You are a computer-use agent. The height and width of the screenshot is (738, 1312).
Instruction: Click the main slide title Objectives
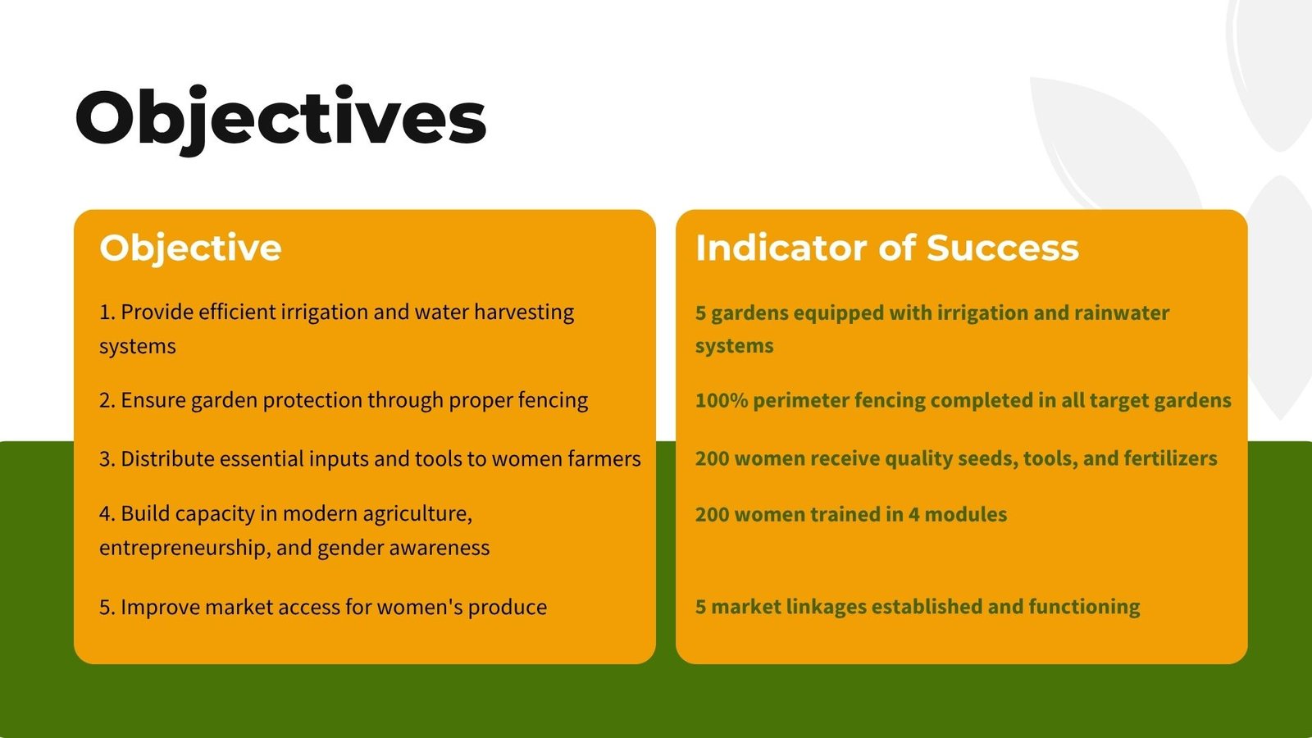[x=280, y=120]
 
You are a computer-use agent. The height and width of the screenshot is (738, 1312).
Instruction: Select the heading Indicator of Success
[x=886, y=247]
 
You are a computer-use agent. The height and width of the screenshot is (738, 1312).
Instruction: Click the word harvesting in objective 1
[x=524, y=312]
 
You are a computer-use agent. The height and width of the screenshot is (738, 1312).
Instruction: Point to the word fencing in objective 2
[x=553, y=401]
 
